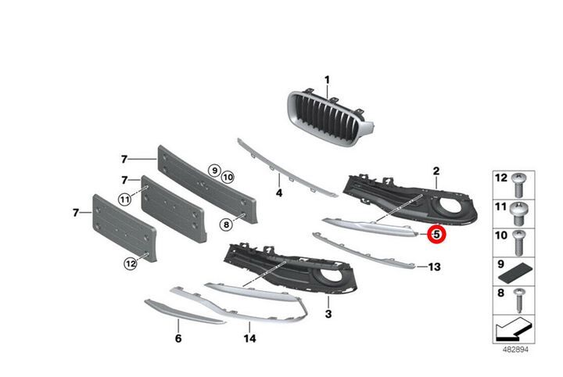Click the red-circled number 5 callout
click(436, 235)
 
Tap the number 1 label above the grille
click(327, 80)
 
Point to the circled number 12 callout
click(131, 264)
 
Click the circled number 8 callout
click(226, 225)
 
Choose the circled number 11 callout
click(125, 199)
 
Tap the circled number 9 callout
click(215, 171)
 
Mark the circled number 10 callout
click(228, 177)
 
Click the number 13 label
click(434, 267)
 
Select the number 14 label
click(250, 338)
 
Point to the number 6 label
click(178, 338)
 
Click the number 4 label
click(279, 193)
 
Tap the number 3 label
click(328, 314)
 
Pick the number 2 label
click(436, 171)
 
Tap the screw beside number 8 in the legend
click(518, 300)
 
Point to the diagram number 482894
click(515, 349)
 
